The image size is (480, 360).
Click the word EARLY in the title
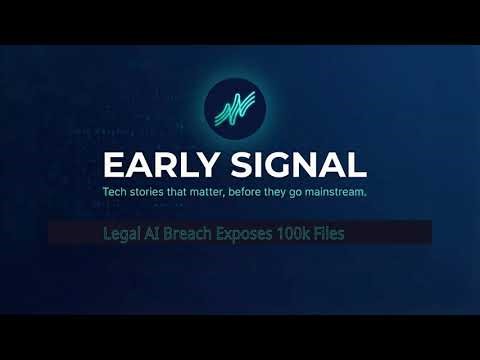[x=160, y=164]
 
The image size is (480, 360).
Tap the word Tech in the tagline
[x=116, y=191]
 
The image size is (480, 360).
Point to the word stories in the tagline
[x=152, y=191]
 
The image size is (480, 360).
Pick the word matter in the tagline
[x=214, y=191]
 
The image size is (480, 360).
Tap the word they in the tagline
[x=295, y=191]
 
